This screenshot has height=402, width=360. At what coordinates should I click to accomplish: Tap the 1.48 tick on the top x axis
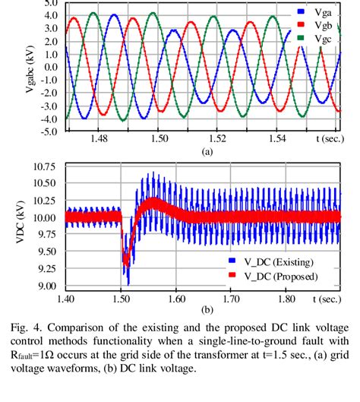[99, 141]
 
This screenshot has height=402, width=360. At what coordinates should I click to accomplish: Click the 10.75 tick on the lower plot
[45, 166]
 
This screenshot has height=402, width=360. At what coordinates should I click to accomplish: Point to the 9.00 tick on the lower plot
[47, 286]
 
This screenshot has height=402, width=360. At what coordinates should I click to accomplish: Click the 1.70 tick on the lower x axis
[232, 299]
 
